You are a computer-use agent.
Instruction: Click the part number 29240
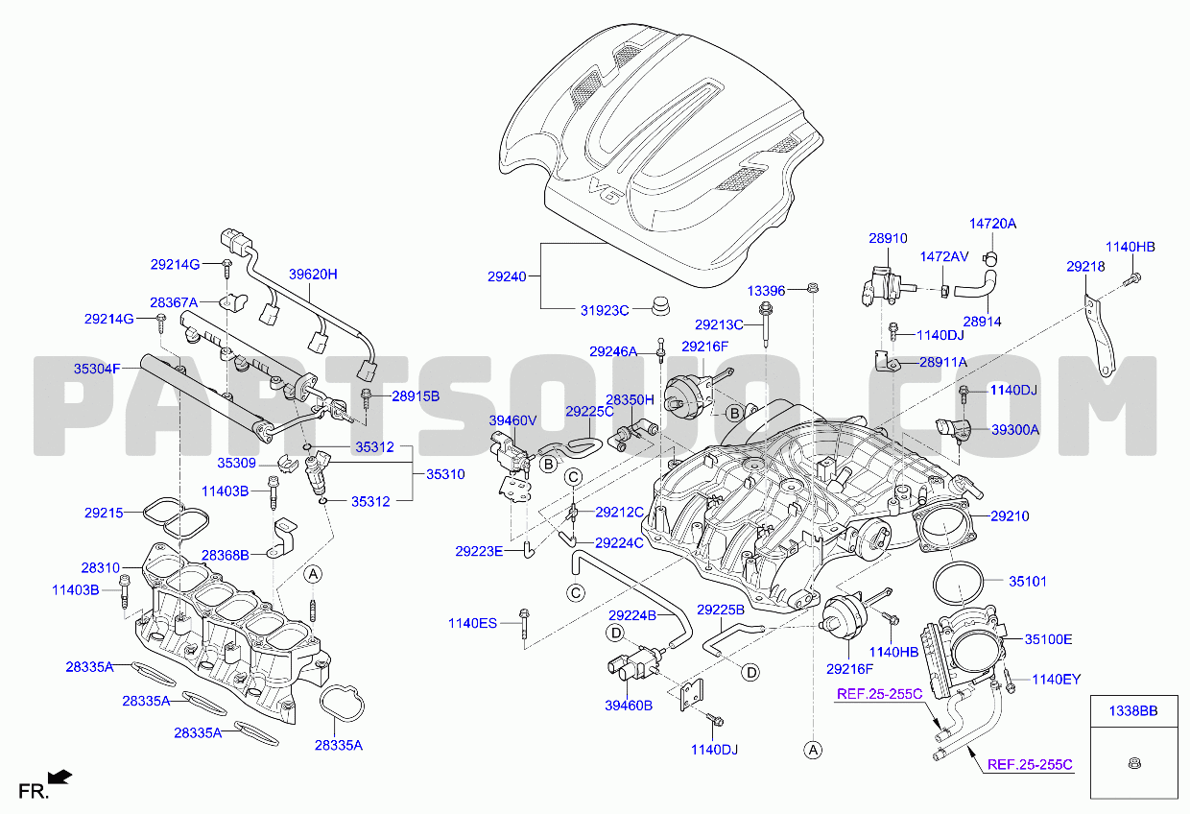tap(507, 276)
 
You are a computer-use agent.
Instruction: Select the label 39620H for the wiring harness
tap(313, 275)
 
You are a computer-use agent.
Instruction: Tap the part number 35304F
tap(97, 369)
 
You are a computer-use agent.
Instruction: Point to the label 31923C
tap(605, 310)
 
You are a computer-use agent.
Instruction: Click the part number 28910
tap(889, 238)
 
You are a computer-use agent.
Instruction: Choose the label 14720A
tap(993, 224)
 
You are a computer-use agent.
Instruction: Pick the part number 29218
tap(1086, 266)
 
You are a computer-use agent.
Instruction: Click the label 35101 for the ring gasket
tap(1028, 582)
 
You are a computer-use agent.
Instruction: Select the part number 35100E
tap(1048, 639)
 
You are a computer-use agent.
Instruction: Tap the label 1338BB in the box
tap(1133, 711)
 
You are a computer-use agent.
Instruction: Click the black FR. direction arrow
tap(60, 778)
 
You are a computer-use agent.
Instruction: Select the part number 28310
tap(101, 567)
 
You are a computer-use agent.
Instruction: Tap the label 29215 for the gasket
tap(104, 513)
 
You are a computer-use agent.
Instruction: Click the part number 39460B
tap(629, 706)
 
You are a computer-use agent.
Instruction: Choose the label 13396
tap(766, 291)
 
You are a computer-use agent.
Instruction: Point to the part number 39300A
tap(1015, 430)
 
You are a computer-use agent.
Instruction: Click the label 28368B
tap(226, 555)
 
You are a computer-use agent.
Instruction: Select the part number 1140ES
tap(472, 623)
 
